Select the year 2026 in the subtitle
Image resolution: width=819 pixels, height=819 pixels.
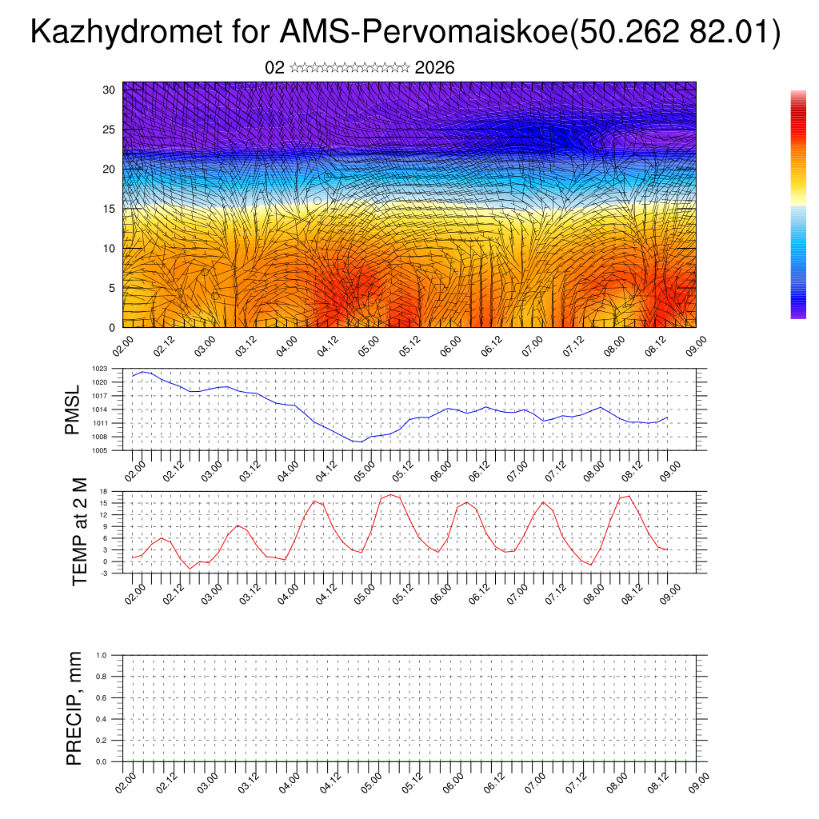coord(434,68)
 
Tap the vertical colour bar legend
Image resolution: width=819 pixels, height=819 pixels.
coord(798,205)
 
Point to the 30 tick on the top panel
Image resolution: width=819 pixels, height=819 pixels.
coord(110,90)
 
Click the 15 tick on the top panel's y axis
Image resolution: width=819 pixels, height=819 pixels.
coord(110,209)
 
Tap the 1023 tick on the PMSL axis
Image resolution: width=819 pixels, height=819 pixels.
coord(100,369)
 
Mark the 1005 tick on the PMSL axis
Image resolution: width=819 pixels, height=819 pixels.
coord(100,450)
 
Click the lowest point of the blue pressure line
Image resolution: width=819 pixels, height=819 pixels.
coord(361,441)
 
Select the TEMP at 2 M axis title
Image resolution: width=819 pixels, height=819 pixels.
coord(79,531)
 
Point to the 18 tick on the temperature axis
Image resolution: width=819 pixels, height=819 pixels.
coord(104,491)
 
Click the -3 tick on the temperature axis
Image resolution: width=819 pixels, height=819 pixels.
coord(104,573)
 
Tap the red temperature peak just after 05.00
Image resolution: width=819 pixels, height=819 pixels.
coord(391,494)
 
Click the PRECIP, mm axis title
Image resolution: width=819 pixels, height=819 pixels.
coord(74,707)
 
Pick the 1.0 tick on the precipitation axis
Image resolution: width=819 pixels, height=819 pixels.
coord(102,655)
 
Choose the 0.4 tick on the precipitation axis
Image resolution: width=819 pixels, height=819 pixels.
coord(102,719)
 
